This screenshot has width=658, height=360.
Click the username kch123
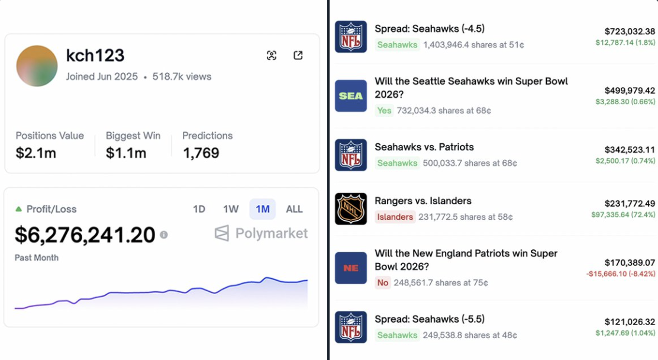pos(95,56)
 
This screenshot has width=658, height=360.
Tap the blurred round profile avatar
pos(37,66)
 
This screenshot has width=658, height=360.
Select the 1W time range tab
pos(231,209)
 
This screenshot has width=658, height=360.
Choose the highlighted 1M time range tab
pos(263,209)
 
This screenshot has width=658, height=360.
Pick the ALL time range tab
pos(294,209)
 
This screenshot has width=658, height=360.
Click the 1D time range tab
pos(199,209)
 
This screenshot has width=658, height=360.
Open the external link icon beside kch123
pos(298,55)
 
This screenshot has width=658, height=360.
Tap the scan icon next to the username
pos(272,55)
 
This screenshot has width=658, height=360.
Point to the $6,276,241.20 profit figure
pos(85,235)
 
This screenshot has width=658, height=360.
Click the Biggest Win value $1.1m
pos(126,153)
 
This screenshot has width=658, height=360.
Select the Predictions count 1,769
pos(201,153)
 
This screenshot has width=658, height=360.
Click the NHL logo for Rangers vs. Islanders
pos(351,209)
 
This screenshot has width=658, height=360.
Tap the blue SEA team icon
pos(351,96)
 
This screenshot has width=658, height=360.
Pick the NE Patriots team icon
pos(351,268)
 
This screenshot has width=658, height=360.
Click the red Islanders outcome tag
pos(395,217)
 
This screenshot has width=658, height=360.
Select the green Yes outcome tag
pos(385,110)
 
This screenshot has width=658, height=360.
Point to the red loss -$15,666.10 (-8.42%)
pos(621,274)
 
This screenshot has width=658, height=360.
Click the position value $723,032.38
pos(630,31)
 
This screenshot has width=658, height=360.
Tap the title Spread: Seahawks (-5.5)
pos(430,319)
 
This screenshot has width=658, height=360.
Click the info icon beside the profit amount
pos(164,234)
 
